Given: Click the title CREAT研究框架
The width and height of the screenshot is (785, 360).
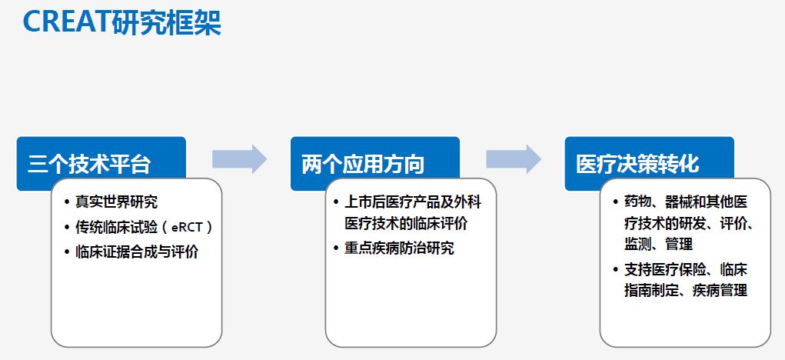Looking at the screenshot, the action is pos(121,22).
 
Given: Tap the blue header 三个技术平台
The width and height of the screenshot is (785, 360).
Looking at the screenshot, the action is pos(89,164).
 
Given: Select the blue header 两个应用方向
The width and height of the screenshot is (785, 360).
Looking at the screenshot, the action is pos(363,164).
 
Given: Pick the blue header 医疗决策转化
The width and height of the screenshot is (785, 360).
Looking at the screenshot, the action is pos(637,164).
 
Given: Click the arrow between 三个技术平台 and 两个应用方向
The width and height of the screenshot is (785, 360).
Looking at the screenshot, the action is pos(240,159).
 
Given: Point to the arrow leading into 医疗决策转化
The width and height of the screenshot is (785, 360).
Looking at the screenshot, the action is pos(514,159).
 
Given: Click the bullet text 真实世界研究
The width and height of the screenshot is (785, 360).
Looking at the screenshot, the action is pos(116,202).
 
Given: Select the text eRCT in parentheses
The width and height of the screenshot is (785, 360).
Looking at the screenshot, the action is pos(187,228).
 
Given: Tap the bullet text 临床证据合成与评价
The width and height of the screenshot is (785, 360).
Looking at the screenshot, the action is pos(137,252).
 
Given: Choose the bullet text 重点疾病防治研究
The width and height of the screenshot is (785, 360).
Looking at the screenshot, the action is pos(399,248).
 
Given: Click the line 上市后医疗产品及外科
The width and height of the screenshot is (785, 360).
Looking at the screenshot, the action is pos(413,202).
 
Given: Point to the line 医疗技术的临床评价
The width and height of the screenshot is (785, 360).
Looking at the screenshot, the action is pos(406,223).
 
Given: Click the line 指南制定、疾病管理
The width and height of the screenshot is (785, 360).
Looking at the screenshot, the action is pos(686,291).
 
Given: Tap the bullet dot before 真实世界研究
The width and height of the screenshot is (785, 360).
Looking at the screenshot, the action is pos(67,202).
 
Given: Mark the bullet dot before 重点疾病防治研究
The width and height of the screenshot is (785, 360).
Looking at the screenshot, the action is pos(337,248).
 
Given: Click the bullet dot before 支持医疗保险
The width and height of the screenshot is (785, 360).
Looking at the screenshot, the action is pos(616,270).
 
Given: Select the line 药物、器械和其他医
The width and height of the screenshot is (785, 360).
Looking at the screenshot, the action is pos(686,202).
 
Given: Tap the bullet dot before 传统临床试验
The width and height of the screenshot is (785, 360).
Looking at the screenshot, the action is pos(67,227).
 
